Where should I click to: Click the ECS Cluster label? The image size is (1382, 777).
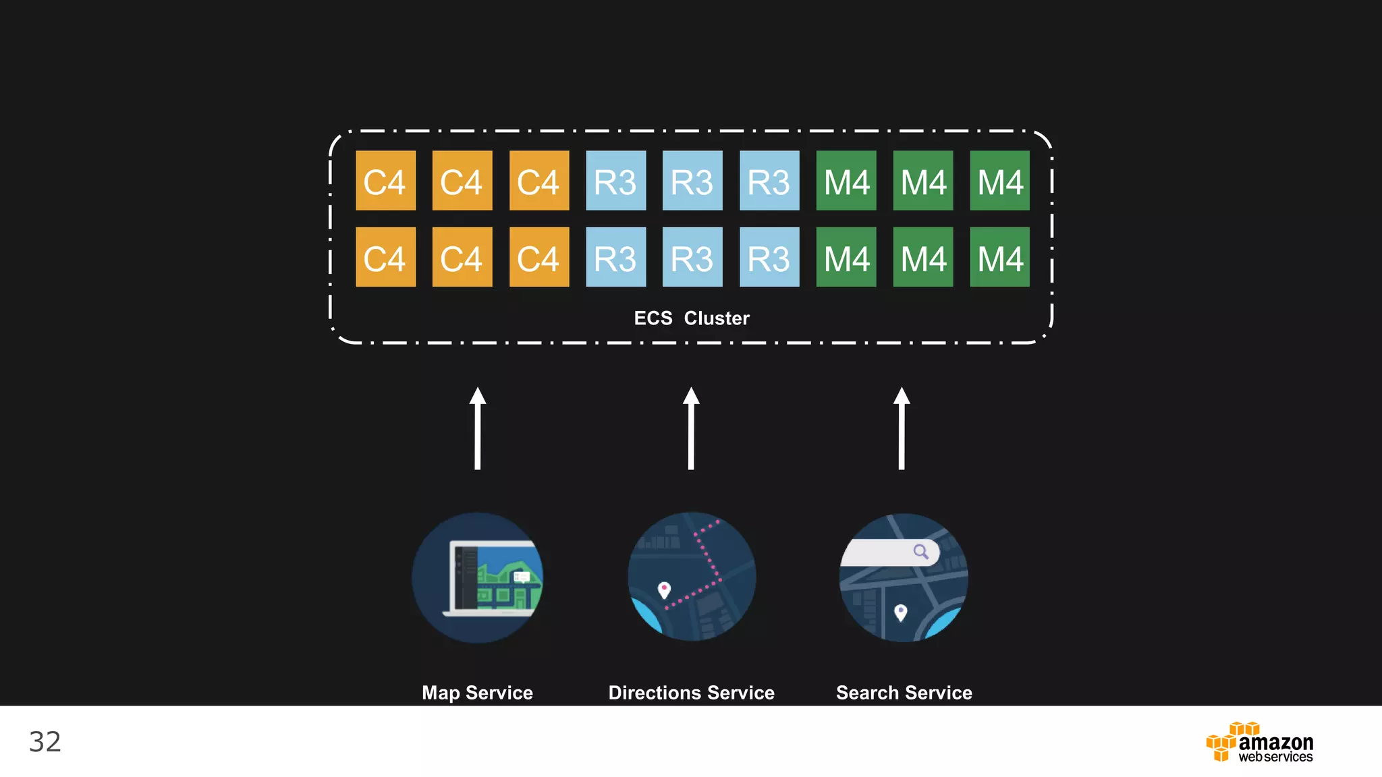(x=691, y=318)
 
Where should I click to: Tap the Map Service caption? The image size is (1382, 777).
(x=477, y=693)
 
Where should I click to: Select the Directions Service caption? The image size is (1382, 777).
(x=691, y=693)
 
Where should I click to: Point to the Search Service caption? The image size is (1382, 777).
(x=904, y=693)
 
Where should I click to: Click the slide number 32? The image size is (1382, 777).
(x=45, y=742)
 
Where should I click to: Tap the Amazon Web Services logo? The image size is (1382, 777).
(x=1259, y=743)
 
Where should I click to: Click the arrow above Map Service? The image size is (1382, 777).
(x=478, y=428)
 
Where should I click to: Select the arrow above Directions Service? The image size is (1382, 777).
(x=691, y=428)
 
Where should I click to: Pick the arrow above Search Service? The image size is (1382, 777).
(x=902, y=428)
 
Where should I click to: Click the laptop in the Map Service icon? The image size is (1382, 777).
(x=493, y=579)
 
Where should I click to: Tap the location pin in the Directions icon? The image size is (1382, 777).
(x=664, y=589)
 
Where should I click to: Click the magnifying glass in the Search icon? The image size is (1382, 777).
(x=920, y=552)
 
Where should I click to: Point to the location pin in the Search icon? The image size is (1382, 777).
(x=900, y=612)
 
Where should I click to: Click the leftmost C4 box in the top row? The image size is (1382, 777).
(x=385, y=181)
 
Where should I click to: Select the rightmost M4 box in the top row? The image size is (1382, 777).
(x=999, y=181)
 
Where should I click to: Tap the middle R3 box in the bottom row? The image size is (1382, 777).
(x=692, y=257)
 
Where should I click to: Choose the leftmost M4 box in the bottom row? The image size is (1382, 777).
(x=846, y=257)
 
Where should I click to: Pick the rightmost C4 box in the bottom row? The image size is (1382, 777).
(x=538, y=257)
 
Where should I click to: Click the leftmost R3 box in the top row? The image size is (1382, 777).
(x=615, y=181)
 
